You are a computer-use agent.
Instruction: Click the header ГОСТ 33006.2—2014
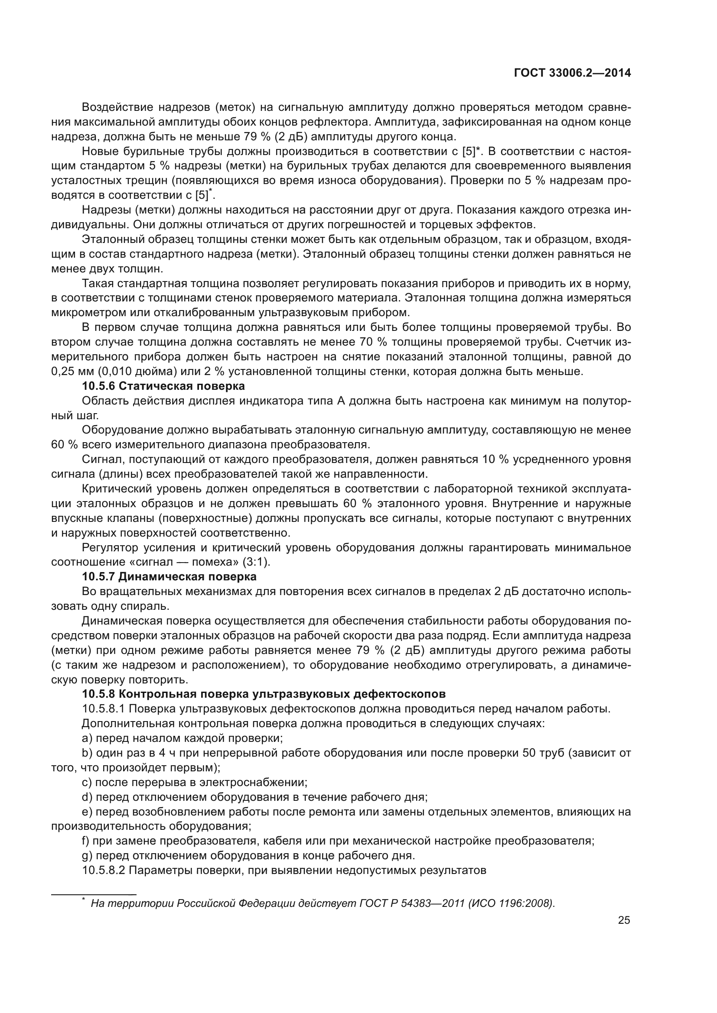(572, 73)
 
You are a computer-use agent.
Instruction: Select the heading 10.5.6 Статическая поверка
(163, 386)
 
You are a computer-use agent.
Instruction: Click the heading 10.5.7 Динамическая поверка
(169, 576)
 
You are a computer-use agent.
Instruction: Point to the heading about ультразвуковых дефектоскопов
(264, 694)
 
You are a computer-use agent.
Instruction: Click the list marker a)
(87, 738)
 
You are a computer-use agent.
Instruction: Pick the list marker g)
(87, 855)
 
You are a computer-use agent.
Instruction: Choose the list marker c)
(87, 782)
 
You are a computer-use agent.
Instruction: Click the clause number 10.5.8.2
(104, 870)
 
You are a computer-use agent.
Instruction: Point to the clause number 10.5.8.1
(104, 709)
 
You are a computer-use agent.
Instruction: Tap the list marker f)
(86, 841)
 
